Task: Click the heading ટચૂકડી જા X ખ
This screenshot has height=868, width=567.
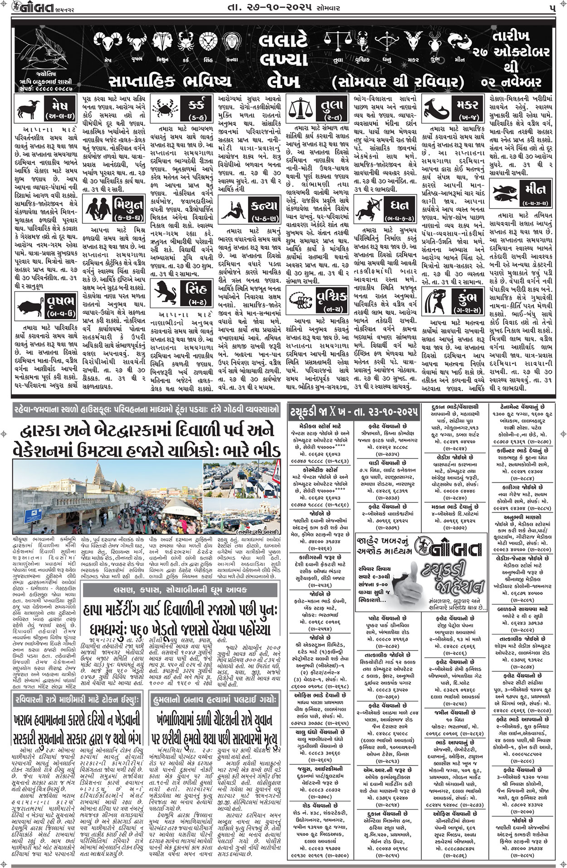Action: coord(352,413)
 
